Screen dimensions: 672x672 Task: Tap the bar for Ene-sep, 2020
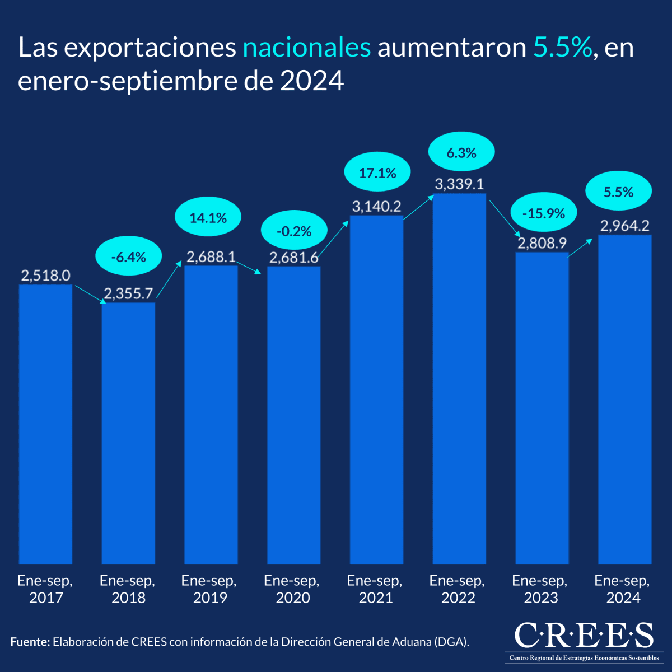[x=293, y=415]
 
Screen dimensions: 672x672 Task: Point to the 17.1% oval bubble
[x=377, y=173]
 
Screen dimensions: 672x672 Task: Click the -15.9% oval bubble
[x=543, y=213]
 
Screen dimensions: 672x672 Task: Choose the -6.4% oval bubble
[x=128, y=257]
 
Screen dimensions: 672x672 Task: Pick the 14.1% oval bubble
[x=208, y=217]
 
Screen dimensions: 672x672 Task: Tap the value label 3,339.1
[x=459, y=184]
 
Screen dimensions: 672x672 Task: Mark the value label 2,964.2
[x=624, y=226]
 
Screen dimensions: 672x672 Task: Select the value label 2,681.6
[x=293, y=258]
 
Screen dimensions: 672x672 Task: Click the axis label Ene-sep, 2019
[x=209, y=589]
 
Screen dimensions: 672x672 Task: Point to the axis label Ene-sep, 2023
[x=540, y=589]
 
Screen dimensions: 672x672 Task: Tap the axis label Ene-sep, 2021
[x=375, y=589]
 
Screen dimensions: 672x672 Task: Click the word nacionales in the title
[x=306, y=48]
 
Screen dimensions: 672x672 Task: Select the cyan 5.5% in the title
[x=562, y=48]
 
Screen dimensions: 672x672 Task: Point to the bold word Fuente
[x=30, y=642]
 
